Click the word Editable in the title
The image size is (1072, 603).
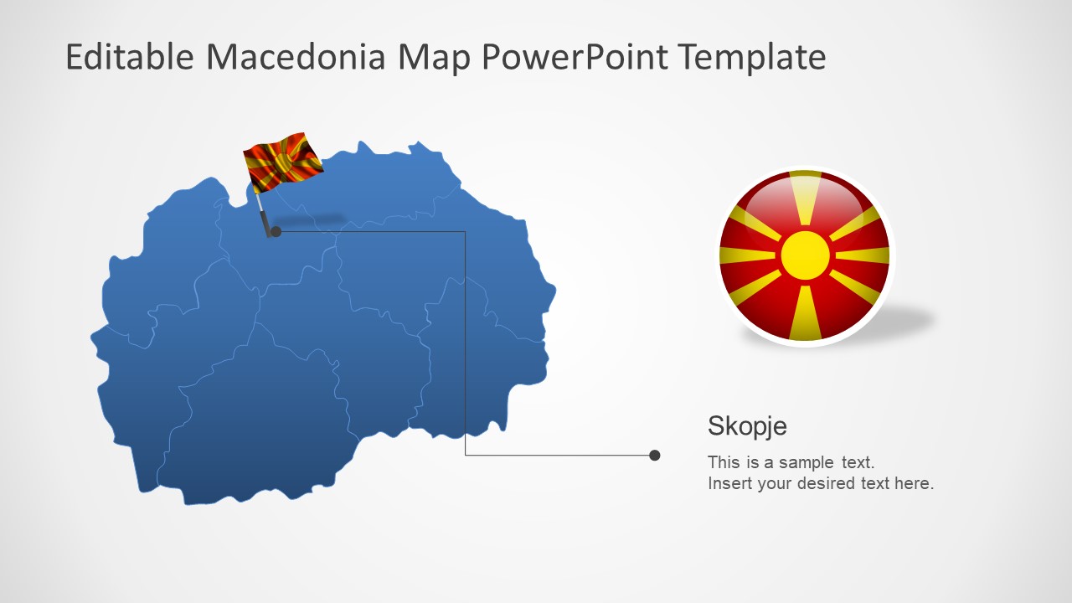[x=130, y=57]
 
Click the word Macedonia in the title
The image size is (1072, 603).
[x=296, y=57]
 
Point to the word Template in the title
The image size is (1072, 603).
[x=751, y=57]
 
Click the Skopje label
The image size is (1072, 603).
[x=747, y=426]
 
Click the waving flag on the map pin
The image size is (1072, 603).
[x=282, y=161]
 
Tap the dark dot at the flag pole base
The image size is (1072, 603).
[x=276, y=231]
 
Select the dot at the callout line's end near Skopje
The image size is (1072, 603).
[x=655, y=456]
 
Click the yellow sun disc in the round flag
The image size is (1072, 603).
[x=805, y=255]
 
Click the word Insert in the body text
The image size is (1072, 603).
[x=729, y=483]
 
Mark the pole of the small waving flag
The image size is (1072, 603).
[x=263, y=209]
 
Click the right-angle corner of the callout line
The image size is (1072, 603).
[x=466, y=455]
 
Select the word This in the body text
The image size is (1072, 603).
[x=724, y=462]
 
